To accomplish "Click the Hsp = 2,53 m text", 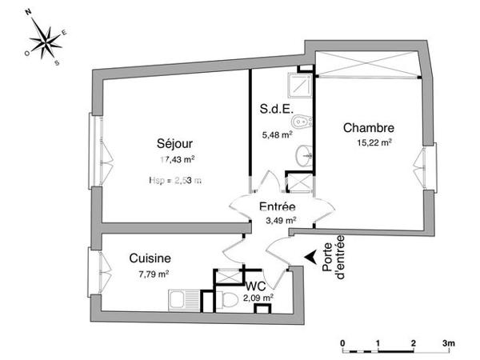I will pyautogui.click(x=174, y=181).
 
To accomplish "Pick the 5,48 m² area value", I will pyautogui.click(x=277, y=135).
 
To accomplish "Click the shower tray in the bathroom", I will pyautogui.click(x=301, y=81).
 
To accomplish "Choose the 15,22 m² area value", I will pyautogui.click(x=374, y=144).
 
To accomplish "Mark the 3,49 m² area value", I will pyautogui.click(x=280, y=220).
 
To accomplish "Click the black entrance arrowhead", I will pyautogui.click(x=310, y=258).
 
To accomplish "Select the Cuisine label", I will pyautogui.click(x=150, y=258).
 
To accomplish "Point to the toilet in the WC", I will pyautogui.click(x=230, y=301).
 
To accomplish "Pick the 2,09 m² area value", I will pyautogui.click(x=259, y=297).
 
